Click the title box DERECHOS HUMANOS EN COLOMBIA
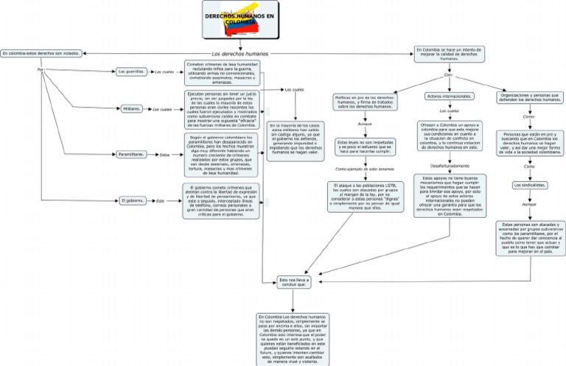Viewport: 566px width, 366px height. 240,20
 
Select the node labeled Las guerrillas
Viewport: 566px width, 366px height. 130,71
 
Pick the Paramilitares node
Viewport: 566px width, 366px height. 130,154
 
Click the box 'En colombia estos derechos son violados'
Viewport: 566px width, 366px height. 41,53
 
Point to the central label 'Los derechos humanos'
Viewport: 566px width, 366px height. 240,54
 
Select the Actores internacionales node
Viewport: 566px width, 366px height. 450,96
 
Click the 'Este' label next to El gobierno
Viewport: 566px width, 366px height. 160,200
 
